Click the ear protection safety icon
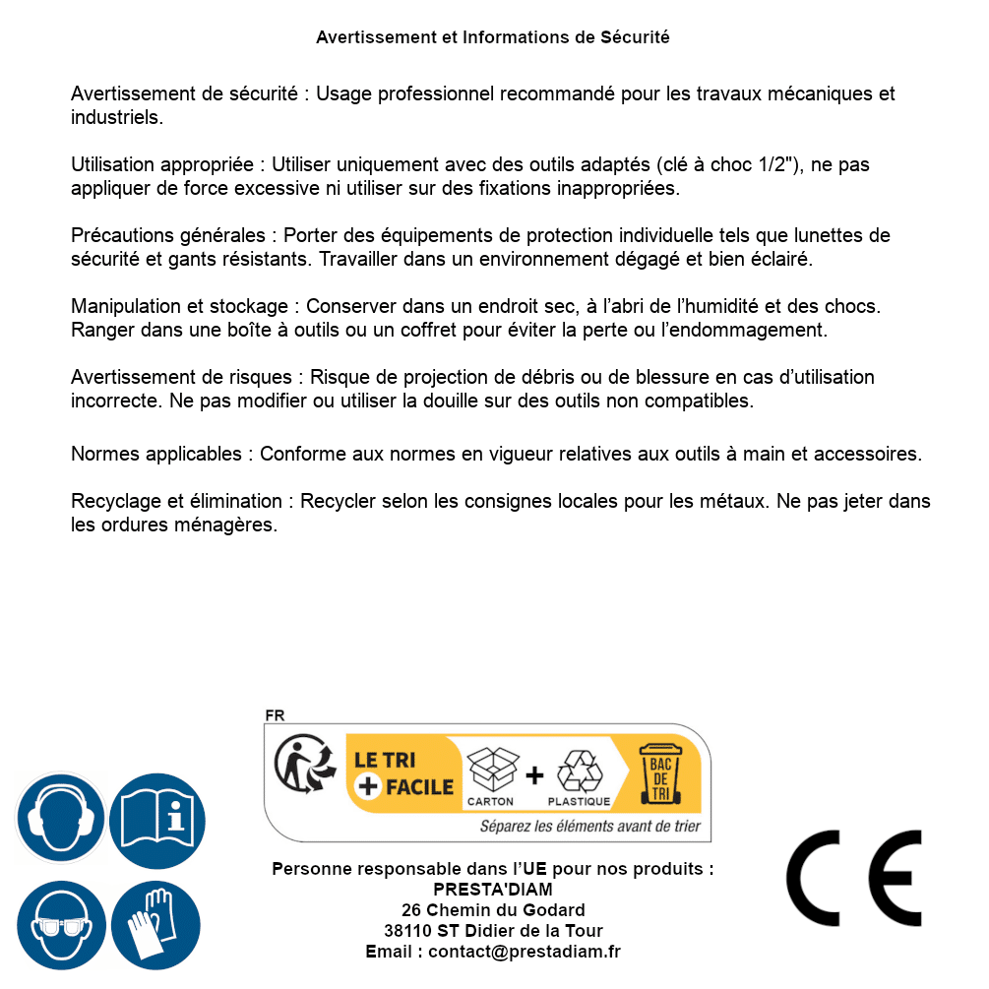pyautogui.click(x=61, y=818)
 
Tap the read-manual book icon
pyautogui.click(x=157, y=818)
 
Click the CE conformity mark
pyautogui.click(x=854, y=878)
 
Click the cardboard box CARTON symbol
pyautogui.click(x=491, y=772)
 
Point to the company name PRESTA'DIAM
pyautogui.click(x=492, y=890)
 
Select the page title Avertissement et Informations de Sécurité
pyautogui.click(x=493, y=37)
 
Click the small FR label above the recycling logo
pyautogui.click(x=275, y=716)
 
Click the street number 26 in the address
pyautogui.click(x=410, y=910)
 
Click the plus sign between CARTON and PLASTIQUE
pyautogui.click(x=534, y=776)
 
